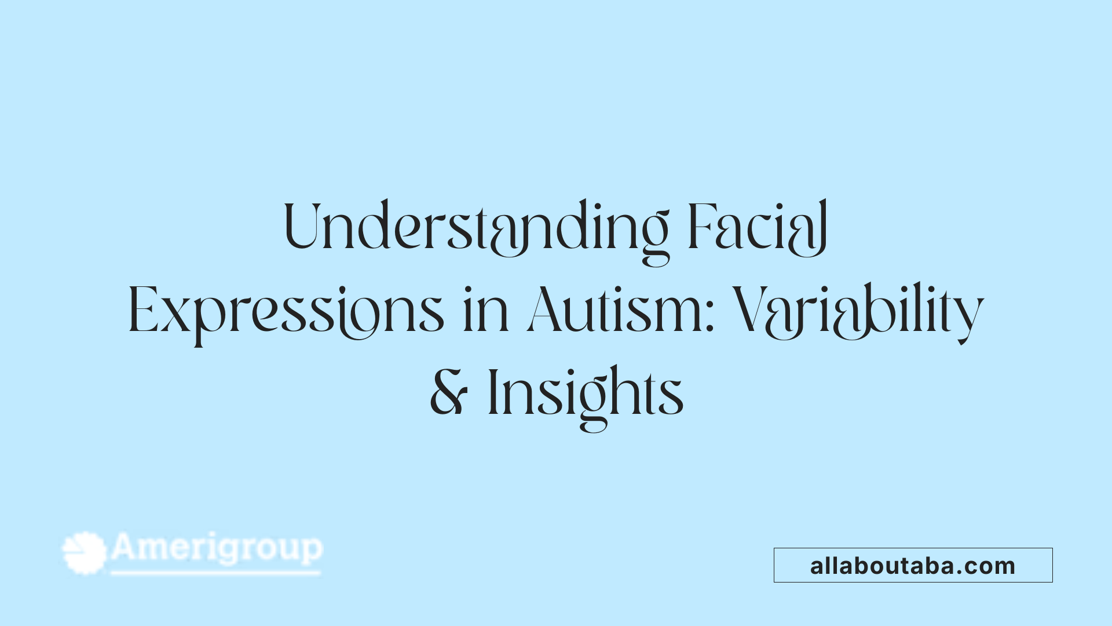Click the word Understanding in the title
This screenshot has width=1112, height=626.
(x=476, y=227)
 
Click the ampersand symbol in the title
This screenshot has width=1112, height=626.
(x=448, y=393)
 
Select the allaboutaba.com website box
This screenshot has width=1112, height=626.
(x=913, y=565)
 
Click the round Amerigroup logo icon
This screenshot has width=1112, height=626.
(x=85, y=553)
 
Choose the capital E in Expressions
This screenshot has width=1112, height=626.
(x=142, y=310)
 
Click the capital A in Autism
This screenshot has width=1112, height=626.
(x=546, y=310)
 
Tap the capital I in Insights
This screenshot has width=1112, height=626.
(x=493, y=392)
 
